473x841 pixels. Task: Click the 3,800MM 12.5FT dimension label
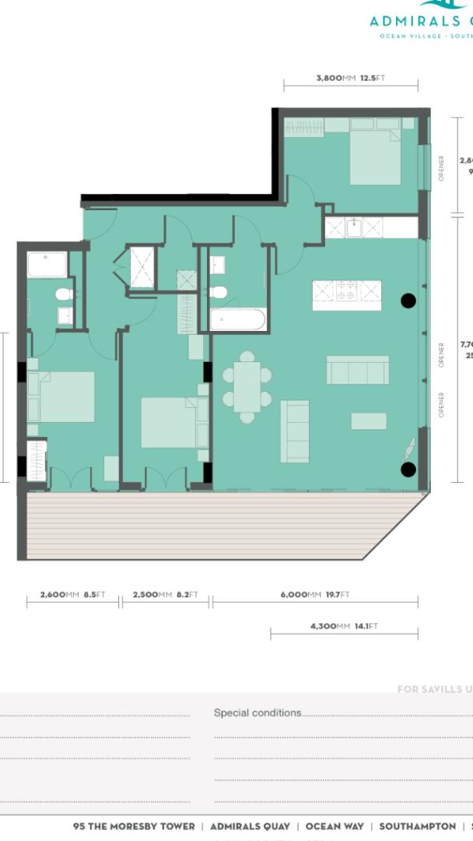click(350, 78)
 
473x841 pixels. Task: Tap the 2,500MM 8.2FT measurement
click(165, 595)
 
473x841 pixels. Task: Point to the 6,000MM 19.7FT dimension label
click(315, 595)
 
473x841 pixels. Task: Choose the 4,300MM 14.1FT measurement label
click(344, 626)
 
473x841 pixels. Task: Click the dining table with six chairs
click(247, 387)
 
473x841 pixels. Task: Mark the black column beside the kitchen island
click(408, 301)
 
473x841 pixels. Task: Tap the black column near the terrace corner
click(408, 469)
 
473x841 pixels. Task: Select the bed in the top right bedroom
click(374, 156)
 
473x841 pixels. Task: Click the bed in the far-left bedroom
click(62, 396)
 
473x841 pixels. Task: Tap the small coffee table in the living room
click(369, 421)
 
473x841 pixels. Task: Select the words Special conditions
click(258, 713)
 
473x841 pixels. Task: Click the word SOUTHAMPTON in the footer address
click(417, 826)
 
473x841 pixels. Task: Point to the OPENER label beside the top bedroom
click(441, 167)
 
